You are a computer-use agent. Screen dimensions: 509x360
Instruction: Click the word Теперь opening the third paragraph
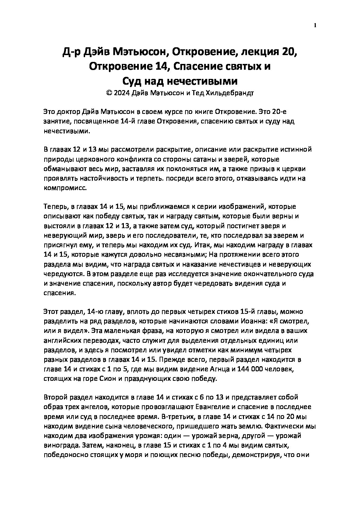click(55, 207)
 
